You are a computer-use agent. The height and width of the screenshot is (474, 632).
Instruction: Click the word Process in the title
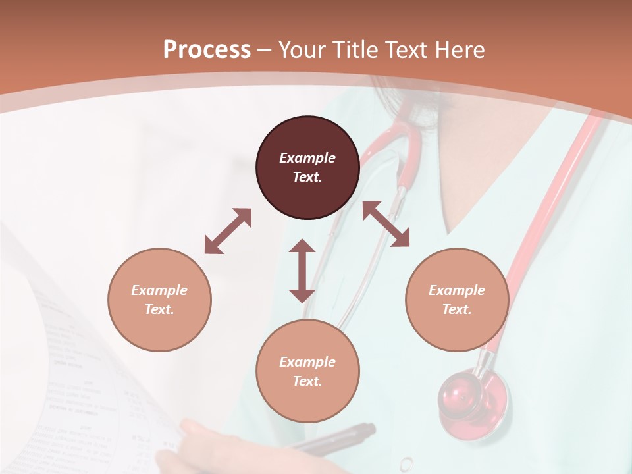207,50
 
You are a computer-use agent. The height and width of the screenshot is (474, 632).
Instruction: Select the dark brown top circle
307,168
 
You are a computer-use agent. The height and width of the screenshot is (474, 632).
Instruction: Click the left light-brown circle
159,300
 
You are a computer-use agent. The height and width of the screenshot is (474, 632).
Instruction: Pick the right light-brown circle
457,300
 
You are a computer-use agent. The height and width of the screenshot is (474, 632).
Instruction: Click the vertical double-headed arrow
302,271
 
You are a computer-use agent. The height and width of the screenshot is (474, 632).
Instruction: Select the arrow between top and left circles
228,231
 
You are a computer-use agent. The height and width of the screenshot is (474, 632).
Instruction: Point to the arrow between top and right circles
386,224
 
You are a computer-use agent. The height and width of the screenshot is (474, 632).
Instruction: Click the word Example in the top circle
307,158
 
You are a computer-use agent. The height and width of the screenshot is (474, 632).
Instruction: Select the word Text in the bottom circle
306,382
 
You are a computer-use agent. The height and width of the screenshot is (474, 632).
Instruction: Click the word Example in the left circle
159,290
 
